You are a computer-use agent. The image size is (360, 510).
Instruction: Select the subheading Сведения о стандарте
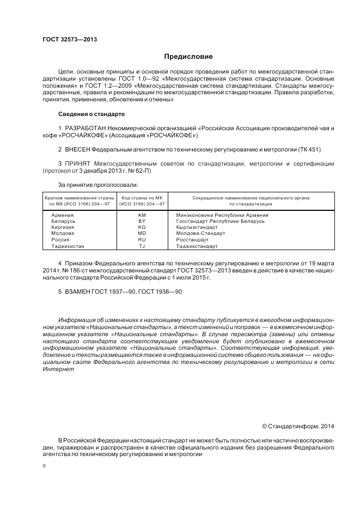pos(91,114)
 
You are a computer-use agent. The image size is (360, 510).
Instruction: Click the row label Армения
pos(62,215)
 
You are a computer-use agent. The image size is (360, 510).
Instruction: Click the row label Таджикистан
pos(68,246)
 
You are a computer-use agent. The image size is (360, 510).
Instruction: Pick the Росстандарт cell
pos(192,240)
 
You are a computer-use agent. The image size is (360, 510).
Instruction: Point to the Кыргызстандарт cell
pos(197,227)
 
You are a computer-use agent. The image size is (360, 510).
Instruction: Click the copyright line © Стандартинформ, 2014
pos(298,426)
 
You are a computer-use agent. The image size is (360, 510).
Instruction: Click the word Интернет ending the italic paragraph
pos(58,369)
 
